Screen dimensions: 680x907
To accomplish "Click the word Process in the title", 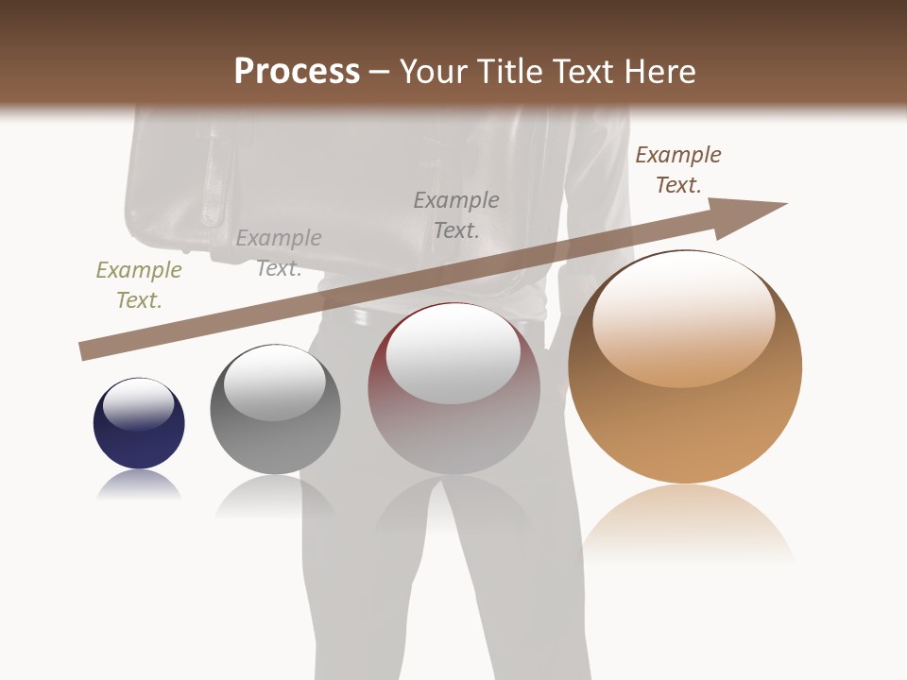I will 297,72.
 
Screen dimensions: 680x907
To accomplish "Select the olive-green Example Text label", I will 138,285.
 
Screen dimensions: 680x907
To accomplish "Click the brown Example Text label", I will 677,170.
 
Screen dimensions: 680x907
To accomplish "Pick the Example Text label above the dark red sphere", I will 456,215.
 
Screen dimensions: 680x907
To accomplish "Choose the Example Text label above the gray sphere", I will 279,253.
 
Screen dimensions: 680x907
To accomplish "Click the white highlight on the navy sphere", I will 138,403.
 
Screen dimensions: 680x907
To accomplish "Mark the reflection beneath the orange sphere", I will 687,524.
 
